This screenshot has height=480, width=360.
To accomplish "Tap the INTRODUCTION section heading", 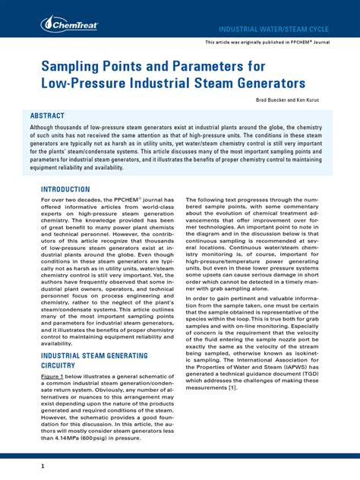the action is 65,189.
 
